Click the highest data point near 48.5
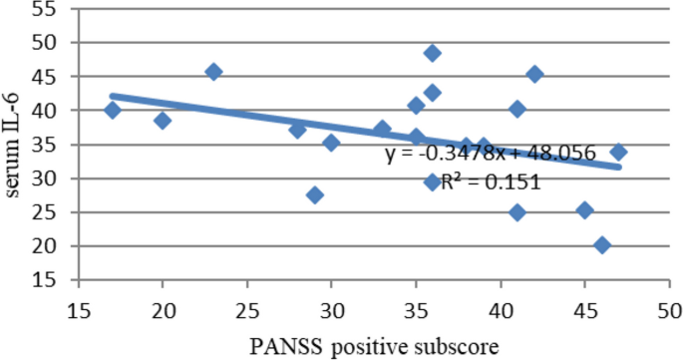(x=433, y=53)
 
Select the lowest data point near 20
(x=601, y=244)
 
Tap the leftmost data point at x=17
(x=112, y=110)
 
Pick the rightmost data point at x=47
(x=618, y=152)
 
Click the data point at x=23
(x=213, y=72)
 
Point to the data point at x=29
(x=315, y=194)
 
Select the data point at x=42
(x=534, y=74)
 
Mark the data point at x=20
(x=163, y=121)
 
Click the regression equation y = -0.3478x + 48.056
(x=491, y=155)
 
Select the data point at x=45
(x=585, y=210)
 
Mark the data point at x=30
(x=331, y=143)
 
